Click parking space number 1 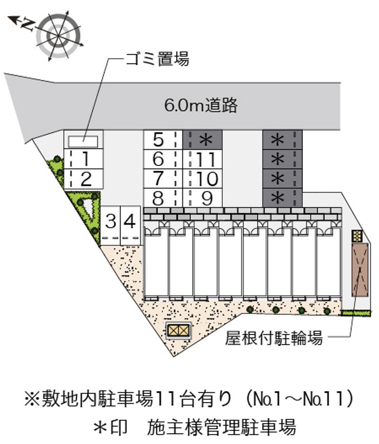click(x=83, y=159)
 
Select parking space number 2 click(x=83, y=179)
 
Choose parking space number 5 click(x=163, y=139)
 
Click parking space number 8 click(x=163, y=198)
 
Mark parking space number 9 click(x=203, y=198)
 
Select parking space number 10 click(x=203, y=179)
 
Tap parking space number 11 click(x=203, y=159)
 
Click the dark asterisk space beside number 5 click(x=203, y=139)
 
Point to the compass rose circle click(x=60, y=36)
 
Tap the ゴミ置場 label click(x=157, y=59)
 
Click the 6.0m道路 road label click(x=201, y=105)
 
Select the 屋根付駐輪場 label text click(x=274, y=338)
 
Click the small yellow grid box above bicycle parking click(x=357, y=235)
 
